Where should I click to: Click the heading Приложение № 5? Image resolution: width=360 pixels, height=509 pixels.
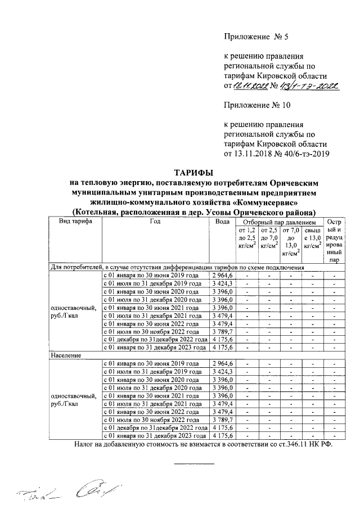tap(255, 38)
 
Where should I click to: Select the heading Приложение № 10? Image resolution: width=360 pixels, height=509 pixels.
tap(258, 105)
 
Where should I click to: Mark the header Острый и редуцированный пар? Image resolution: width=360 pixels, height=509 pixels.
tap(334, 241)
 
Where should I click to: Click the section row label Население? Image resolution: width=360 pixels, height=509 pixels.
tap(66, 356)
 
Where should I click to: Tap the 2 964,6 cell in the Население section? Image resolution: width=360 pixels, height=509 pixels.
tap(223, 364)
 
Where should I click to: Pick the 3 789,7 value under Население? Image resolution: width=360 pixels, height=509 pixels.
tap(223, 420)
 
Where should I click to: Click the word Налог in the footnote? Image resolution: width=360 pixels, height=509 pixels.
tap(85, 444)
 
